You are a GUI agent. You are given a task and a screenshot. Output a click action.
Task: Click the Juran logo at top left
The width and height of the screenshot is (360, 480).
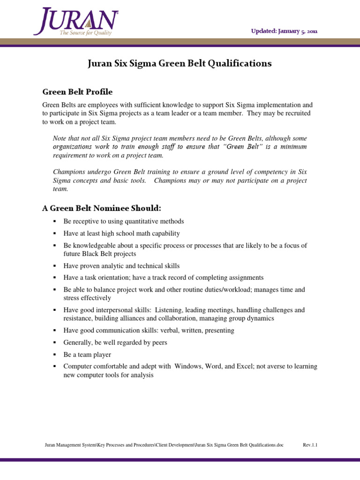pyautogui.click(x=75, y=21)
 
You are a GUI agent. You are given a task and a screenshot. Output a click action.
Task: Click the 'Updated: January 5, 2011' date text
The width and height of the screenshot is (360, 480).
pyautogui.click(x=284, y=31)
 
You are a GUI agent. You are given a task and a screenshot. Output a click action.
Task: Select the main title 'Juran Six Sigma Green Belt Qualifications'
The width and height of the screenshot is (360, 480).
pyautogui.click(x=180, y=63)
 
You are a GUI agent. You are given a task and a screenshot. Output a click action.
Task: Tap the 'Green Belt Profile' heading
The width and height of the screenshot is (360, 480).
pyautogui.click(x=77, y=91)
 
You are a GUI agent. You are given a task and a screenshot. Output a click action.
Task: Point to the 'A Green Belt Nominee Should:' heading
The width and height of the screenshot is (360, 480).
pyautogui.click(x=102, y=208)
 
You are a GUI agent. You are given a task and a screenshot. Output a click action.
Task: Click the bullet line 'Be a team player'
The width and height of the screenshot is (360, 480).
pyautogui.click(x=87, y=354)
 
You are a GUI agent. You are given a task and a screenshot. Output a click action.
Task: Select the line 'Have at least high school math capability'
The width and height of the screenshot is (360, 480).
pyautogui.click(x=121, y=233)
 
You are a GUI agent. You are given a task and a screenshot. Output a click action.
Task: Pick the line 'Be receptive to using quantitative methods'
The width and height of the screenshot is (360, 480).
pyautogui.click(x=124, y=221)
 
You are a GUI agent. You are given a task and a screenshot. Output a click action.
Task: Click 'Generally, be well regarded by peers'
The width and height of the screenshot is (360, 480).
pyautogui.click(x=115, y=342)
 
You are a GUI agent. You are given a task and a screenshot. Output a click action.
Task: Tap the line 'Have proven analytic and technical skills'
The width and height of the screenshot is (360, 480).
pyautogui.click(x=121, y=265)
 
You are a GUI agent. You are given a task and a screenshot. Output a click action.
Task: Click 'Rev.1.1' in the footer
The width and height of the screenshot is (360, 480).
pyautogui.click(x=310, y=445)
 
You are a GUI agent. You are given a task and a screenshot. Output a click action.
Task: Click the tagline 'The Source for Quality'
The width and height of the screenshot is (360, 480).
pyautogui.click(x=85, y=33)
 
